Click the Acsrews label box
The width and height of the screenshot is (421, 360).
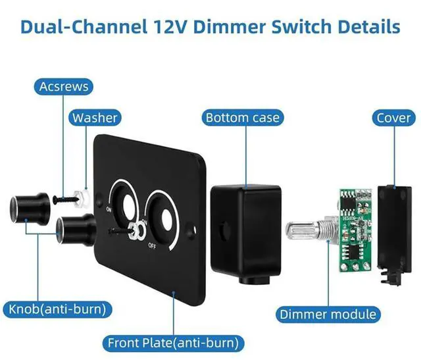pos(64,86)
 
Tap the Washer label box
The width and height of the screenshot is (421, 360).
pos(95,118)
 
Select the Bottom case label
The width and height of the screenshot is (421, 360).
pos(242,118)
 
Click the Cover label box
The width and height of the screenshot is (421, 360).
pos(393,118)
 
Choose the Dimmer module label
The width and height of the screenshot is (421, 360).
pos(328,314)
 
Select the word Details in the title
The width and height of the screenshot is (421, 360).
pos(364,27)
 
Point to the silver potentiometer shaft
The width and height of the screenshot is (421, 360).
pos(304,232)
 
